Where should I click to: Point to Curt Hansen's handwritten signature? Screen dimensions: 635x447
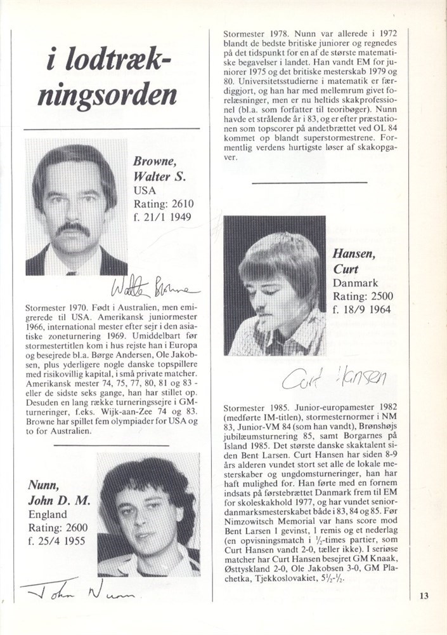pos(333,378)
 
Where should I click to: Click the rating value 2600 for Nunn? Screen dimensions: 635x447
pos(73,528)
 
